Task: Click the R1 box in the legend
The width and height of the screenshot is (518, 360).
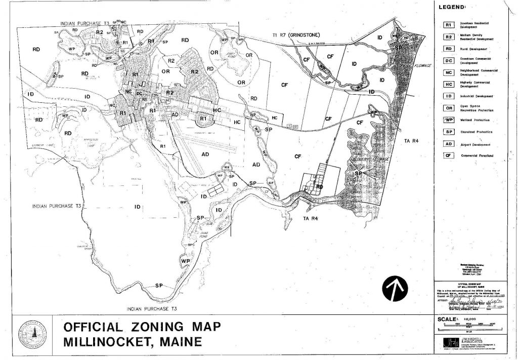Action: click(448, 25)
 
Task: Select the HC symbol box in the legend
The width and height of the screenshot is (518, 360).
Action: click(448, 84)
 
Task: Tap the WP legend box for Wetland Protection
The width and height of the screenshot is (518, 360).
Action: click(448, 120)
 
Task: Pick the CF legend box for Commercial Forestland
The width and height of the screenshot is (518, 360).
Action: click(448, 155)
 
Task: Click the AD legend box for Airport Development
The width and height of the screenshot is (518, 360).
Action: click(448, 144)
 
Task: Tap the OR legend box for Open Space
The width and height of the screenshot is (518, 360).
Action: click(448, 108)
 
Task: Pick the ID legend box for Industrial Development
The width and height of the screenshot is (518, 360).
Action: click(448, 96)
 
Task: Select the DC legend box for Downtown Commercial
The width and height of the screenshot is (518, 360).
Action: click(448, 61)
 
